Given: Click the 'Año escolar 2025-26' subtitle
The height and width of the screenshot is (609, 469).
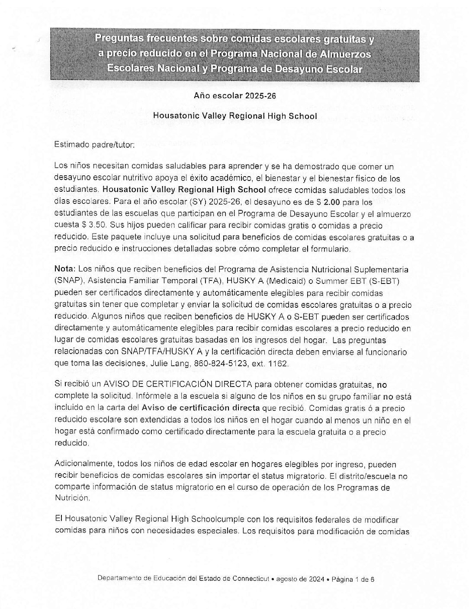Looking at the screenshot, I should [x=234, y=96].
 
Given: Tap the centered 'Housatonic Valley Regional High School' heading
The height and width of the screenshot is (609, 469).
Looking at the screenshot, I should [x=235, y=116].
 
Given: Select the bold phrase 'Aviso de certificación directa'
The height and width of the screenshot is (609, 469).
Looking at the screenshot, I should [x=200, y=408].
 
